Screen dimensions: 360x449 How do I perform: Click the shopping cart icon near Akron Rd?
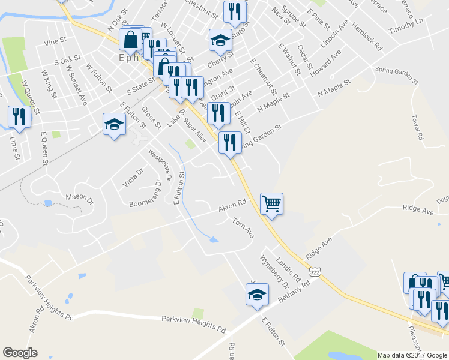[272, 204]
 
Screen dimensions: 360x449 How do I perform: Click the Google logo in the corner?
[20, 353]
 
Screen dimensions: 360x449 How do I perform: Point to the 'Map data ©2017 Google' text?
[412, 355]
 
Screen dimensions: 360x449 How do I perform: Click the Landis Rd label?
[288, 267]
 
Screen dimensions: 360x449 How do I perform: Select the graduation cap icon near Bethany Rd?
[257, 295]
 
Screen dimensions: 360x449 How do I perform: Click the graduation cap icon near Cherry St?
[220, 40]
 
